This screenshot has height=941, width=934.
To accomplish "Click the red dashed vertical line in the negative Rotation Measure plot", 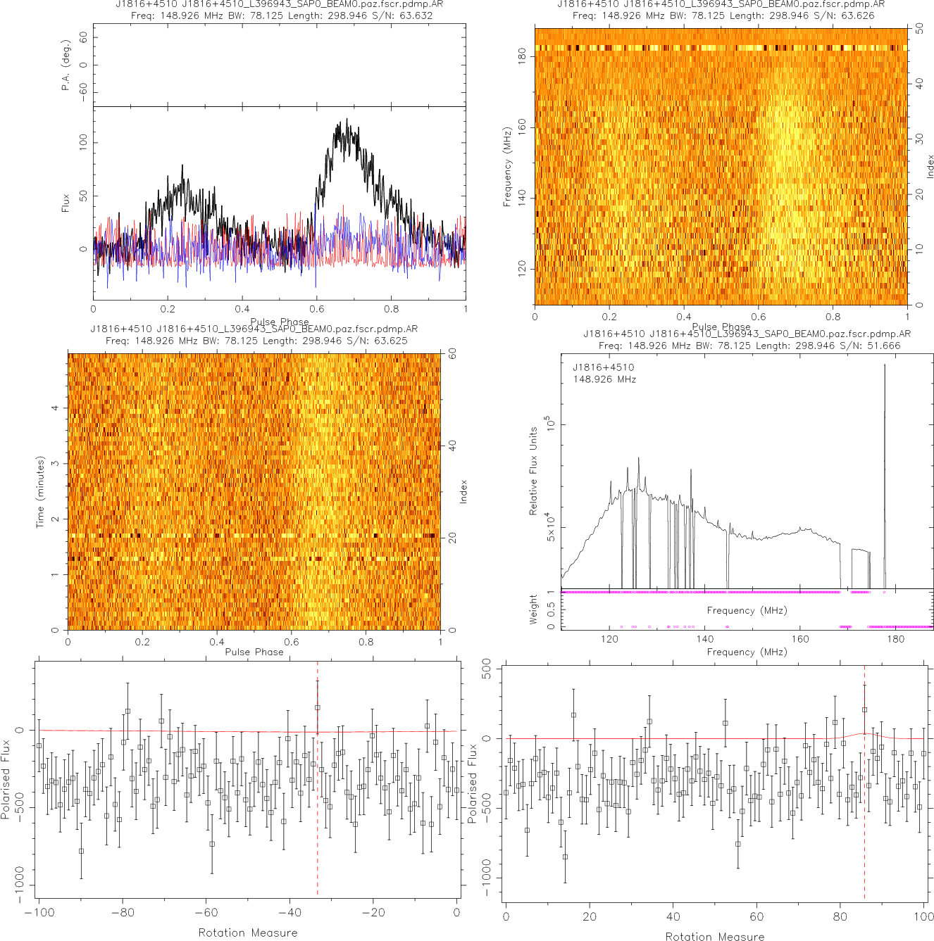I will pyautogui.click(x=318, y=809).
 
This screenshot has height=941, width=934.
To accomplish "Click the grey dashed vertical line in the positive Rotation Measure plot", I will pyautogui.click(x=864, y=809).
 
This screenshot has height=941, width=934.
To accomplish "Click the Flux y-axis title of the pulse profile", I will pyautogui.click(x=66, y=203).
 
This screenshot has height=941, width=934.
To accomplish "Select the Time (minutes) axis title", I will pyautogui.click(x=41, y=492).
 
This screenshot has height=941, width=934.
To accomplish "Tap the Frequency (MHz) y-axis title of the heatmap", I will pyautogui.click(x=507, y=167).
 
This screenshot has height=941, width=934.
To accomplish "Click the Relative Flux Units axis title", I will pyautogui.click(x=533, y=471).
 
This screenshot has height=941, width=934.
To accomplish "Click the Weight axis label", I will pyautogui.click(x=533, y=610).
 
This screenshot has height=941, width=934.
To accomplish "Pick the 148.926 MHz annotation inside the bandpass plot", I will pyautogui.click(x=604, y=379).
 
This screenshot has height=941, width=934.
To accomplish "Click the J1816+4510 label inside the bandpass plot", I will pyautogui.click(x=603, y=367).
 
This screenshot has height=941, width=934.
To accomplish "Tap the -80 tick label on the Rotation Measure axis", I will pyautogui.click(x=123, y=913).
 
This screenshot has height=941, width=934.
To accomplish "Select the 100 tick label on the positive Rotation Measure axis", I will pyautogui.click(x=923, y=916).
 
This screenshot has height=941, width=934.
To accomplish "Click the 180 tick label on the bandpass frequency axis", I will pyautogui.click(x=896, y=639).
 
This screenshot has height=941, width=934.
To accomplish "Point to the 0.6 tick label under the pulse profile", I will pyautogui.click(x=317, y=308).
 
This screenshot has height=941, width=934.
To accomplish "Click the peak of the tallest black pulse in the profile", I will pyautogui.click(x=347, y=120).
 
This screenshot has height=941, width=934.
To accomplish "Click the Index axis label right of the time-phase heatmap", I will pyautogui.click(x=463, y=491).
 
